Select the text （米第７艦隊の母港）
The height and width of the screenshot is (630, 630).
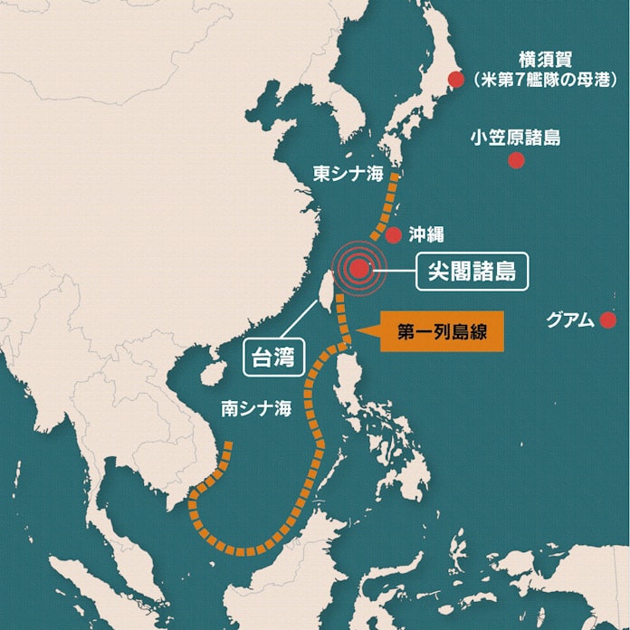point(545,81)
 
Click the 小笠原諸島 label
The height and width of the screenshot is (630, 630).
point(515,138)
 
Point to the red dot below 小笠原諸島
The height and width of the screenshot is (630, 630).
point(516,160)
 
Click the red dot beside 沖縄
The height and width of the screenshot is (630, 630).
point(394,235)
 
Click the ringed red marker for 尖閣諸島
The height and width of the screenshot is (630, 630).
point(359,268)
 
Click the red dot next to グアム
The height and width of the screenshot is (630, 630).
point(607,320)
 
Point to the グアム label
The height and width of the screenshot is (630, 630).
point(571,320)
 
